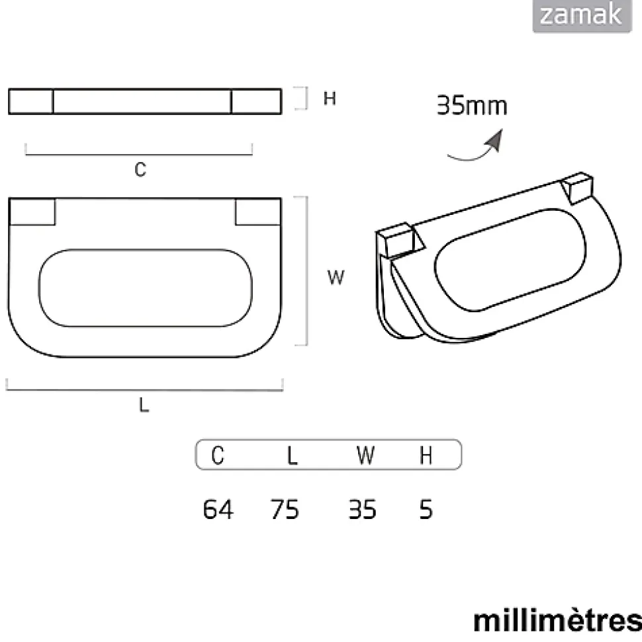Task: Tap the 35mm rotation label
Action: [x=472, y=106]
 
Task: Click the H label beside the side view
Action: [x=330, y=99]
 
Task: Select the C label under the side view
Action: [x=140, y=170]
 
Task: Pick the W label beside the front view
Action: [x=336, y=278]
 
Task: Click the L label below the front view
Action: [x=144, y=407]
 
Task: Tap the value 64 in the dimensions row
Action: [x=218, y=510]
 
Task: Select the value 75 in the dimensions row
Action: [x=285, y=510]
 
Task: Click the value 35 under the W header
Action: [x=362, y=510]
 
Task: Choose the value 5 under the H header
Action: [x=426, y=510]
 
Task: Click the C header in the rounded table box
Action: [x=218, y=456]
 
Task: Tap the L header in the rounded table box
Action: [x=292, y=456]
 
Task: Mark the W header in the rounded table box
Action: [x=365, y=456]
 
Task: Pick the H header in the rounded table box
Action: [x=426, y=456]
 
